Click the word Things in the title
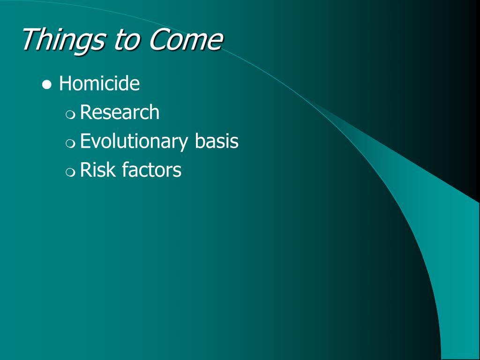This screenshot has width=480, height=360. pyautogui.click(x=64, y=40)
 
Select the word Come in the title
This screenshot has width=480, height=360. pyautogui.click(x=186, y=39)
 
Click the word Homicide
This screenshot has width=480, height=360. pyautogui.click(x=99, y=83)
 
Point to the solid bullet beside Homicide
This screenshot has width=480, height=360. pyautogui.click(x=47, y=85)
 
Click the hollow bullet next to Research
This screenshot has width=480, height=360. pyautogui.click(x=70, y=114)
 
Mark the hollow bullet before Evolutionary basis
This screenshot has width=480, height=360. pyautogui.click(x=70, y=143)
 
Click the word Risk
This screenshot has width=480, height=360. pyautogui.click(x=97, y=169)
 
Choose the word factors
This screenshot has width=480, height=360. pyautogui.click(x=151, y=169)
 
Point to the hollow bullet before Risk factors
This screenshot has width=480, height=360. pyautogui.click(x=70, y=172)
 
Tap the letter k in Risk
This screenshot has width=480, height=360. pyautogui.click(x=110, y=169)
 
